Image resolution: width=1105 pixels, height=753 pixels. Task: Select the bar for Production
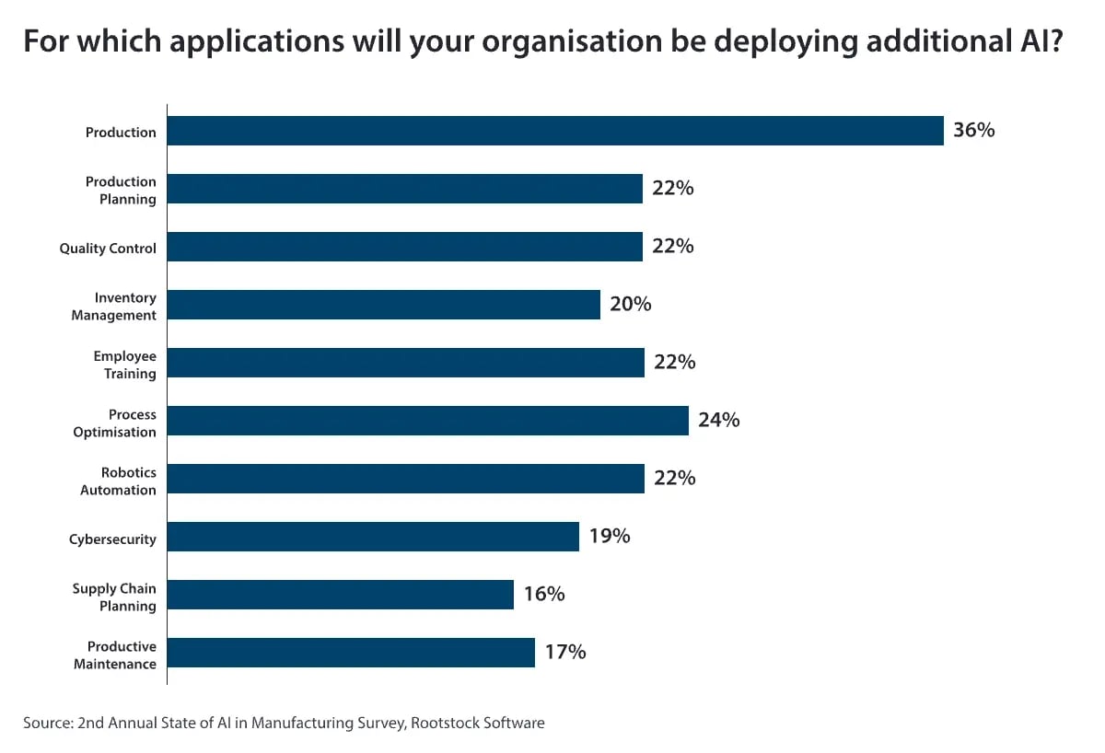[555, 131]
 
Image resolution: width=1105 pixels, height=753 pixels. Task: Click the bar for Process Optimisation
[428, 421]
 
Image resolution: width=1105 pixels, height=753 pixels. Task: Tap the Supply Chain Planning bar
[341, 595]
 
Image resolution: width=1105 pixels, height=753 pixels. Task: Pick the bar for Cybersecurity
[373, 537]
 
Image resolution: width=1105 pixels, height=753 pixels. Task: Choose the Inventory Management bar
[384, 305]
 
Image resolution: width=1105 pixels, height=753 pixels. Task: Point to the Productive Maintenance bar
[351, 653]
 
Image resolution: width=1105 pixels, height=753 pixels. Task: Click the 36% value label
[974, 131]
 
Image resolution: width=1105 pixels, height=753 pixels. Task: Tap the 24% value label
[719, 421]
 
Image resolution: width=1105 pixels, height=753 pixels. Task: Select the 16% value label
[544, 595]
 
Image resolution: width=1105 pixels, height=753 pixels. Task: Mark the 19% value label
[610, 537]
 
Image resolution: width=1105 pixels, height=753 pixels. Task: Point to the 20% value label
[631, 305]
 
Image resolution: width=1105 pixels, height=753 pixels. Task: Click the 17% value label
[565, 653]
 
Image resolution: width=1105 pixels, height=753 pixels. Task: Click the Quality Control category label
[108, 249]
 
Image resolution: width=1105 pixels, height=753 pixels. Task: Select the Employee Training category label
[124, 365]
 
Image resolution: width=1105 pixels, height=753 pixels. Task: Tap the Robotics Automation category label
[118, 481]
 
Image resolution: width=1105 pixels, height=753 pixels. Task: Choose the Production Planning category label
[121, 191]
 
